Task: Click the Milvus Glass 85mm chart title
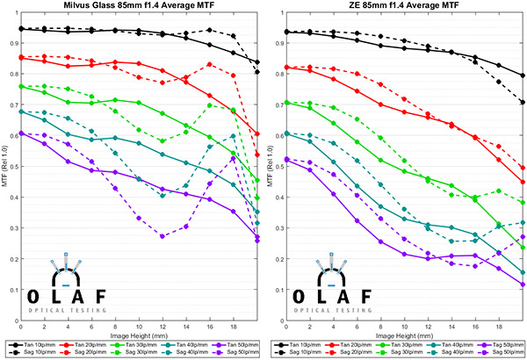tap(138, 7)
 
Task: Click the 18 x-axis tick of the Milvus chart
tap(233, 327)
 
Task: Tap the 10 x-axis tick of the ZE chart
tap(403, 327)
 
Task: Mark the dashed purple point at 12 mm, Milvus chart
tap(162, 236)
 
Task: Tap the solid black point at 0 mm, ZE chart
tap(285, 32)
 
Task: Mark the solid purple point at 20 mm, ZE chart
tap(523, 284)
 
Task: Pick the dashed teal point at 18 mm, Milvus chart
tap(233, 136)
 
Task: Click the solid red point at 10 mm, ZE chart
tap(403, 112)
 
